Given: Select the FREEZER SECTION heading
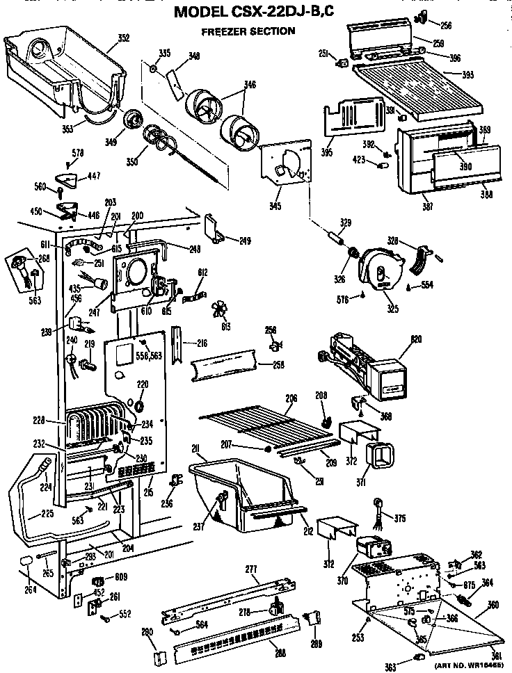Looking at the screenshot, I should tap(248, 31).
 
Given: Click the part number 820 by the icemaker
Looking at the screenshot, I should tap(417, 339).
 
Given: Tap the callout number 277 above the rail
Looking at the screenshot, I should tap(252, 569).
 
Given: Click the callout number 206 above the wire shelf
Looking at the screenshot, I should tap(291, 398).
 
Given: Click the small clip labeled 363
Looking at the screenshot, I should tap(420, 657).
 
